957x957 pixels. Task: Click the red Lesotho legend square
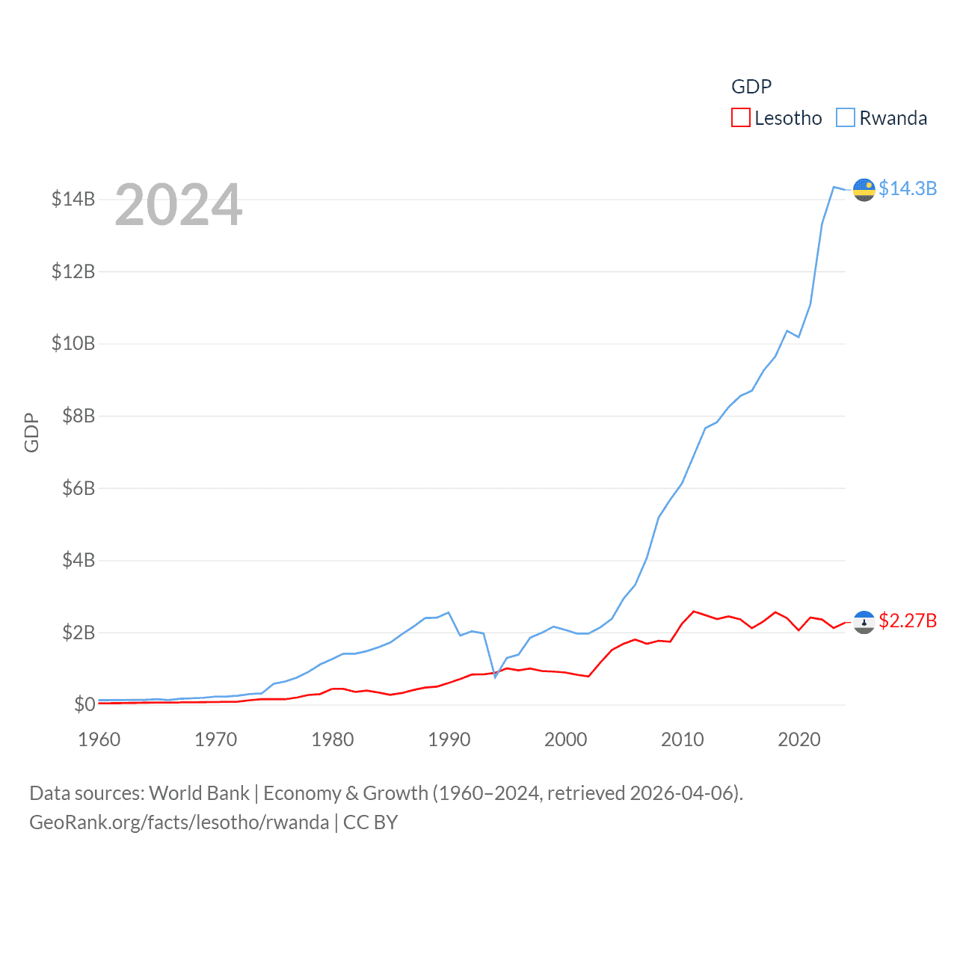[x=740, y=118]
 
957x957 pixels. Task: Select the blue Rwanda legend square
[x=845, y=118]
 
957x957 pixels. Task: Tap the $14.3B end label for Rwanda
[x=908, y=188]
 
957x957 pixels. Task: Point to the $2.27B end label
[x=908, y=621]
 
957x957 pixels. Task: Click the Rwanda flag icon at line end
[x=864, y=190]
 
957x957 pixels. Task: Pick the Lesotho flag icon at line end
[x=864, y=622]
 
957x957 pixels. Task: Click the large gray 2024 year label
[x=179, y=205]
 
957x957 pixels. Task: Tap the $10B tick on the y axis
[x=73, y=343]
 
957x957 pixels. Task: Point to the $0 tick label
[x=84, y=704]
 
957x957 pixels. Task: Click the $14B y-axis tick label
[x=73, y=199]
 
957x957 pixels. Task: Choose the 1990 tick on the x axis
[x=449, y=739]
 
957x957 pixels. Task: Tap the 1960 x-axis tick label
[x=99, y=739]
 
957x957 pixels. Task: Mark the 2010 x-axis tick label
[x=683, y=739]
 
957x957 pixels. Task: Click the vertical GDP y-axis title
[x=31, y=432]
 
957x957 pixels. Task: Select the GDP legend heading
[x=751, y=87]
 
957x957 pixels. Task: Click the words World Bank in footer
[x=199, y=793]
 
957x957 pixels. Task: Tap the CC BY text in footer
[x=371, y=822]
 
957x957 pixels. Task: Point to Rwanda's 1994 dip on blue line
[x=495, y=677]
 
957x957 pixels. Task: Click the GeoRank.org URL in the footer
[x=179, y=822]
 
